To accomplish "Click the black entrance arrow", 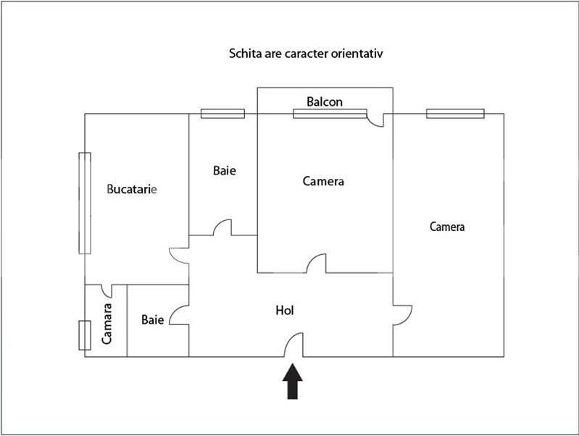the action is [x=293, y=382].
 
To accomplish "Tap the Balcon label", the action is [x=325, y=101].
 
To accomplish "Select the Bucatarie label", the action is [x=132, y=189].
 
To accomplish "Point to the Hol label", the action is [x=285, y=311].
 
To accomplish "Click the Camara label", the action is [x=107, y=324].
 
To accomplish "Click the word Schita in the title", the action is [x=245, y=54].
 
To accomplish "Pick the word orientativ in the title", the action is [x=357, y=54].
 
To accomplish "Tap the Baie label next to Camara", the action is [x=152, y=319].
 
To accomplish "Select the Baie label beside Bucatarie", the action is [x=225, y=170].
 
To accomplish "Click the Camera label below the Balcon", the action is [x=323, y=181].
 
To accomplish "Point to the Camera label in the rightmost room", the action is [x=447, y=226].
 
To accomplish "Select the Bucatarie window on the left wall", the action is [x=85, y=203].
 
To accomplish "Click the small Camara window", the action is [x=85, y=335].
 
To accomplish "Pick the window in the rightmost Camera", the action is [x=455, y=113].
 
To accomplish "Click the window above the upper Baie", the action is [x=222, y=113].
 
